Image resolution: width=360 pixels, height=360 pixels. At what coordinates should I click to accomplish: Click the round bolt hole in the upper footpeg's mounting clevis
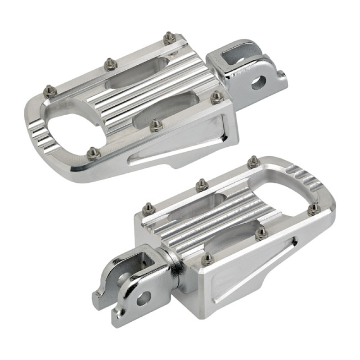[258, 83]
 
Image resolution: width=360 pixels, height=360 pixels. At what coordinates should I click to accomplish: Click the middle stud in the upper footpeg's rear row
[110, 64]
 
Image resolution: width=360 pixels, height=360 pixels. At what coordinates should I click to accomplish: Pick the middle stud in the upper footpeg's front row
[156, 125]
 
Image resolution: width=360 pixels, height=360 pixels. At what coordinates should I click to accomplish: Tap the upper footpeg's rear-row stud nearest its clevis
[169, 38]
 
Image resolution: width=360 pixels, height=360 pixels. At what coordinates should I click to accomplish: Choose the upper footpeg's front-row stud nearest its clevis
[216, 97]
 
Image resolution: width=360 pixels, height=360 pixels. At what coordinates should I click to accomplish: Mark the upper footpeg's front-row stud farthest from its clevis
[93, 153]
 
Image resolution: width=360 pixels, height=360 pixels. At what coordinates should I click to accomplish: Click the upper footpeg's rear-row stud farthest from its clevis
[49, 91]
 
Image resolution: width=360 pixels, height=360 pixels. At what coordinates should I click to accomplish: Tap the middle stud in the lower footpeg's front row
[261, 233]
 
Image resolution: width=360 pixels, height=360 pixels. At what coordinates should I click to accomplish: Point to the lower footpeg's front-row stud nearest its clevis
[207, 258]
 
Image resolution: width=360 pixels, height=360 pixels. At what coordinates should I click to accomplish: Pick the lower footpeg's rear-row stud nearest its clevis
[148, 208]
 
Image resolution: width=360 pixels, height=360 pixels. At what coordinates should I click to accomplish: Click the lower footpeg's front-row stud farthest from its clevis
[314, 208]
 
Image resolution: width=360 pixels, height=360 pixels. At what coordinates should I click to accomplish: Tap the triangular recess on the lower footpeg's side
[252, 270]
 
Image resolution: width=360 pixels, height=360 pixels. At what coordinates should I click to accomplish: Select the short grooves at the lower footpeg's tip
[306, 175]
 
